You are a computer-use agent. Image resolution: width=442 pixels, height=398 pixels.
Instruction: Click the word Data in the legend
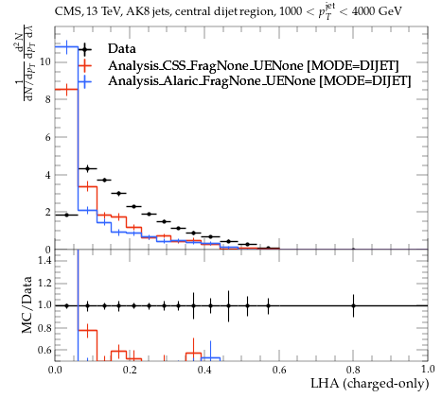(122, 49)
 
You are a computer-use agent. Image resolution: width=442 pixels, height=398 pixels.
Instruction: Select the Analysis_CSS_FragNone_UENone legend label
(207, 65)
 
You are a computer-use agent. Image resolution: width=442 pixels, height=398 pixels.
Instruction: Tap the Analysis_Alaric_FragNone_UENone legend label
(212, 81)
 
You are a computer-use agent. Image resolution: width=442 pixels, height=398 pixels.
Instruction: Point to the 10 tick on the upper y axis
(45, 61)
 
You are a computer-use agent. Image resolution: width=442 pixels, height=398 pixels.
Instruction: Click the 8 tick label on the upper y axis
(48, 99)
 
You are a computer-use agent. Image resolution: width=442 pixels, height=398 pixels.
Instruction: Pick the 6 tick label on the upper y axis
(48, 137)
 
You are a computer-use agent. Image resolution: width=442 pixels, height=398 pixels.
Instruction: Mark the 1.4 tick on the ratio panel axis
(44, 260)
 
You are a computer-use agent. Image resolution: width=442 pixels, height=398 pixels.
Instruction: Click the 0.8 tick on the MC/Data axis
(44, 328)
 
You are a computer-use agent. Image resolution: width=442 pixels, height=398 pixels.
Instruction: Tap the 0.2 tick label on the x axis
(130, 369)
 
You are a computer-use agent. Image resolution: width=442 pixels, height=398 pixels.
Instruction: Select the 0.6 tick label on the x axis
(279, 369)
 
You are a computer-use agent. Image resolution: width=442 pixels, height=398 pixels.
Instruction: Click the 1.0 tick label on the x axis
(428, 369)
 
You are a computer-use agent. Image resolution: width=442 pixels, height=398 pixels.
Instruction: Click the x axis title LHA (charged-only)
(370, 384)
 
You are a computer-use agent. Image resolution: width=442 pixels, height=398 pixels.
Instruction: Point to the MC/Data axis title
(27, 304)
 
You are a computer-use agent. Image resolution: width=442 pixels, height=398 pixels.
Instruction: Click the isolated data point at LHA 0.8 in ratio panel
(353, 305)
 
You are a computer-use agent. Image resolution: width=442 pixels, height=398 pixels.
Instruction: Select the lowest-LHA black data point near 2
(66, 215)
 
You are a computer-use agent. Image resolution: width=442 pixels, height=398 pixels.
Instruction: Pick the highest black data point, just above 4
(88, 169)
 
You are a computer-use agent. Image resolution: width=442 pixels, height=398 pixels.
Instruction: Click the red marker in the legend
(84, 65)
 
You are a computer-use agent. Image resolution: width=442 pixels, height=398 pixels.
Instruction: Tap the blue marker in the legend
(84, 81)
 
